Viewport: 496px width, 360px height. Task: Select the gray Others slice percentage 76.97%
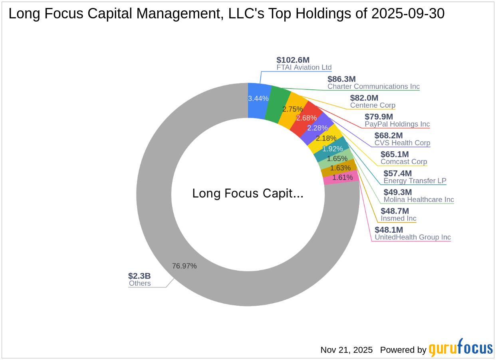[x=184, y=266]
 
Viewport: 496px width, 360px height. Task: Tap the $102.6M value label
[x=293, y=60]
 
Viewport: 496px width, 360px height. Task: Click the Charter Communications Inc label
[x=373, y=87]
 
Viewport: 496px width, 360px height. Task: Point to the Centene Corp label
[x=373, y=105]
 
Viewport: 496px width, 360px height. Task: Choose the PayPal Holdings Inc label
[x=397, y=124]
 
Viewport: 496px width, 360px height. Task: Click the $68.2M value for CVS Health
[x=389, y=135]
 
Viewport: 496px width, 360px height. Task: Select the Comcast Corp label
[x=404, y=162]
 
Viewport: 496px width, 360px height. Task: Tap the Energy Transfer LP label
[x=415, y=181]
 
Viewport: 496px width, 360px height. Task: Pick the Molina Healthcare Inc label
[x=419, y=200]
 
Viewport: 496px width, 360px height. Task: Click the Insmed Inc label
[x=398, y=218]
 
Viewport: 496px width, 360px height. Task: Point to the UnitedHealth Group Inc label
[x=413, y=237]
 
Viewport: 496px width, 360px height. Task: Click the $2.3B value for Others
[x=139, y=276]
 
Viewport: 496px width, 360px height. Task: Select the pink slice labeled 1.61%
[x=342, y=178]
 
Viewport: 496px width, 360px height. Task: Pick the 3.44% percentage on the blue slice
[x=258, y=98]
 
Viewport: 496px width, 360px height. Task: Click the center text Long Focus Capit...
[x=248, y=194]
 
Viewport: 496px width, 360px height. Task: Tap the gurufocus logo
[x=460, y=348]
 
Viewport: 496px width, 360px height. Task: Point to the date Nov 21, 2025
[x=346, y=350]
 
